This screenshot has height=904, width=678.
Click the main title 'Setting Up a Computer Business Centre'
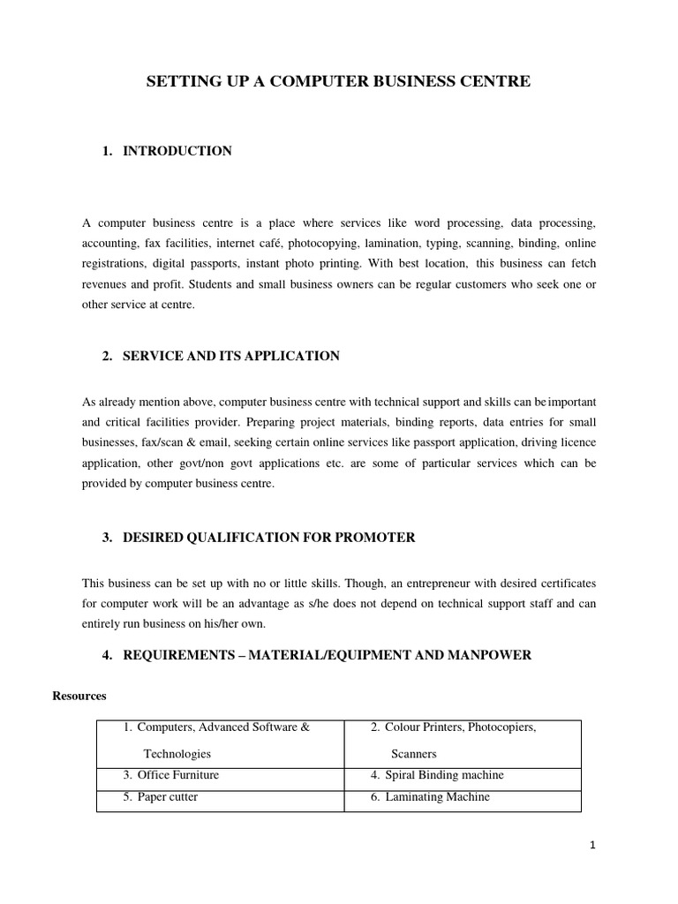coord(338,82)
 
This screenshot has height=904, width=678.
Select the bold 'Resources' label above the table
coord(79,696)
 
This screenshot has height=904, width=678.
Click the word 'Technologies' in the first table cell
coord(177,754)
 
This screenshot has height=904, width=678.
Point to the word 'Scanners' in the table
coord(414,754)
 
